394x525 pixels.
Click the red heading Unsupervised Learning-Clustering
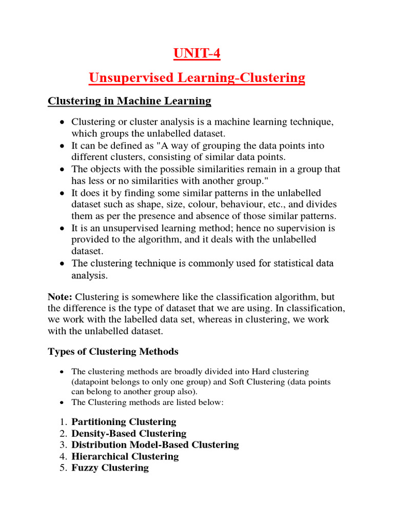[x=196, y=78]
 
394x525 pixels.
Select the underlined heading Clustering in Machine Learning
[x=129, y=101]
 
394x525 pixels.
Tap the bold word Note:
[x=61, y=297]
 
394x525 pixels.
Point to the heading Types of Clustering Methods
[x=113, y=351]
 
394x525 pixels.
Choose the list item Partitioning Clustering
[x=124, y=422]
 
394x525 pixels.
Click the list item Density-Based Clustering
[x=129, y=434]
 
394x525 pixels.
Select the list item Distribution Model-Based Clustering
[x=155, y=445]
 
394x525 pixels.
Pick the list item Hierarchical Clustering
[x=125, y=456]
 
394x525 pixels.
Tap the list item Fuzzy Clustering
[x=110, y=468]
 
